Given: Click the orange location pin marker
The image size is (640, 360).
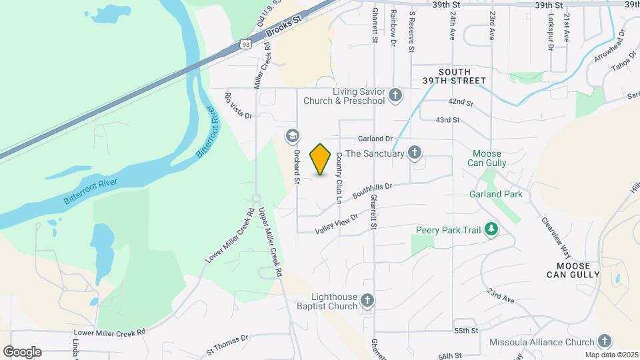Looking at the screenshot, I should [x=321, y=159].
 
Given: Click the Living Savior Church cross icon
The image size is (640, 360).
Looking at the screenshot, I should [x=395, y=96].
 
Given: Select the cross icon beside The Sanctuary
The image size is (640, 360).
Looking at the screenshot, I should [x=415, y=153].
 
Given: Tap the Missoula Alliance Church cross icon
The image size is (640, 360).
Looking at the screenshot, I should [x=604, y=342].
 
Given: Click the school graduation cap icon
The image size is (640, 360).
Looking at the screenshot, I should [x=291, y=136].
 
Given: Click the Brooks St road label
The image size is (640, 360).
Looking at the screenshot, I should [x=284, y=27].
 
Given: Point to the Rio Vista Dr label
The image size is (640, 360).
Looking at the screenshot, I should [x=239, y=106].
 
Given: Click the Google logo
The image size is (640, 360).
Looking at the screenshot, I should [x=22, y=351].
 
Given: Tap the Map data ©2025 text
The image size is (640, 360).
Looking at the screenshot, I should [x=611, y=355].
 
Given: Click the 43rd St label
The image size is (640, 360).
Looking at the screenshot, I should [x=447, y=120].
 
